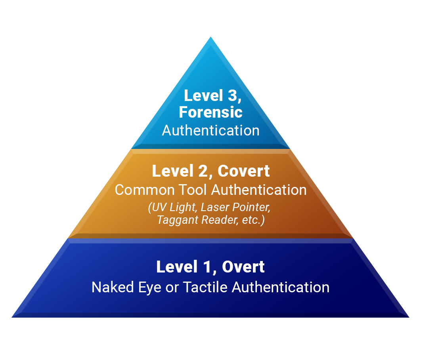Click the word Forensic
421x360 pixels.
point(210,112)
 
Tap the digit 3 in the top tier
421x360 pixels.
point(233,95)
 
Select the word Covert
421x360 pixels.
point(243,171)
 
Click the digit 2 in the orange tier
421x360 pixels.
point(203,171)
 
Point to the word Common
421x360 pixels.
point(145,190)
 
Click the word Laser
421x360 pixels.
point(215,207)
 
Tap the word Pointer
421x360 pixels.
point(251,207)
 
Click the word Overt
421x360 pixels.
point(243,267)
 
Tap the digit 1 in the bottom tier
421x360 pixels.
point(207,267)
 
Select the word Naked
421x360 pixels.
point(113,287)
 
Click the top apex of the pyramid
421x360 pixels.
point(210,37)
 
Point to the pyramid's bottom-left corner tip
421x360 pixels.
point(12,317)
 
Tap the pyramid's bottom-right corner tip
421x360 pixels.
point(409,317)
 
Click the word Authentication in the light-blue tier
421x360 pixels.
point(211,131)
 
